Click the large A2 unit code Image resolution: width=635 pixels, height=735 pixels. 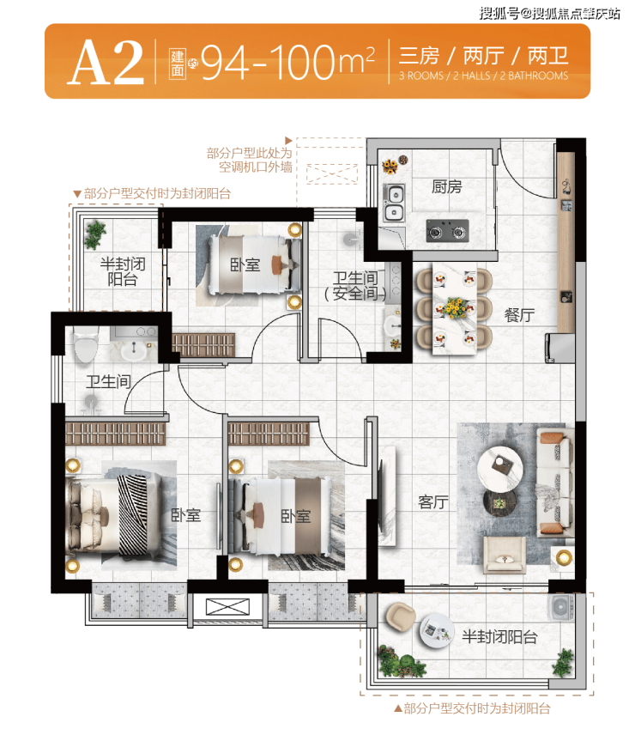pos(106,63)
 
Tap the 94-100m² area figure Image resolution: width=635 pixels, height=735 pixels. pos(287,63)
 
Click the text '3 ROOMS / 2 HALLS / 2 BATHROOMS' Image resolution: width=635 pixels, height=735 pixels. pos(483,76)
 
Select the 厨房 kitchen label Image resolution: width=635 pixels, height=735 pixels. pos(447,186)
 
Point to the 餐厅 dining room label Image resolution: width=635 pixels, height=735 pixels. pos(519,314)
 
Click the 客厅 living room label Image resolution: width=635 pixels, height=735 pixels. pos(433,502)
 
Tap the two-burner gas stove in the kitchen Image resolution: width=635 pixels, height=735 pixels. pos(447,231)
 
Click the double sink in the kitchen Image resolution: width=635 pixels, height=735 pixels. pos(394,203)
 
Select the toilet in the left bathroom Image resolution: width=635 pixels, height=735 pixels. pos(86,344)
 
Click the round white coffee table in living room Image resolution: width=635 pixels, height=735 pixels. pos(500,469)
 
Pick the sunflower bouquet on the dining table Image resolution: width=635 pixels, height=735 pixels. pos(454,307)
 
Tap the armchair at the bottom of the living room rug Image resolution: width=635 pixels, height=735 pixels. pos(504,555)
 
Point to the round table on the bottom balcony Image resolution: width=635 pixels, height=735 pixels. pos(437,630)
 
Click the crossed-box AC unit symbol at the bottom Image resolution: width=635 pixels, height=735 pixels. pos(227,607)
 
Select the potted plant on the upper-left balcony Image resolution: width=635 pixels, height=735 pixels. pos(95,234)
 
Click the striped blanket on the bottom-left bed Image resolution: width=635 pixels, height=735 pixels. pos(133,514)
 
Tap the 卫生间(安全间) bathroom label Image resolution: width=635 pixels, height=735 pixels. pos(356,286)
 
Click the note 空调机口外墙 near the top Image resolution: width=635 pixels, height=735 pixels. pos(256,167)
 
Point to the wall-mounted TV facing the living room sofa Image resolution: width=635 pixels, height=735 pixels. pos(380,495)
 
